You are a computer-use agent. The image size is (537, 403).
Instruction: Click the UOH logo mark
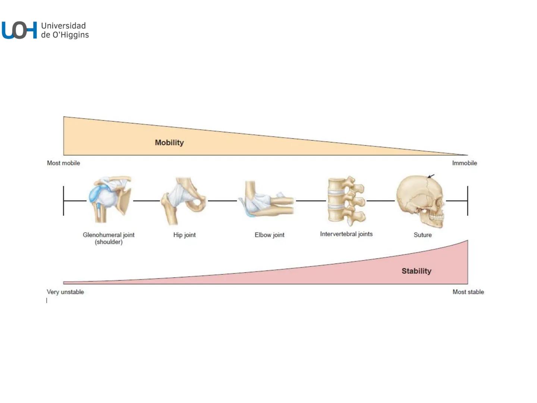[19, 30]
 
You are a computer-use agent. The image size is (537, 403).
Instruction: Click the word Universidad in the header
[63, 26]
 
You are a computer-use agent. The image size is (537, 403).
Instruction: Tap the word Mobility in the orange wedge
[169, 143]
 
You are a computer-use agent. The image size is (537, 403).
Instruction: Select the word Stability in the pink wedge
[416, 271]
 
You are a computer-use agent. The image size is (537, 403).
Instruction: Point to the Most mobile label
[63, 163]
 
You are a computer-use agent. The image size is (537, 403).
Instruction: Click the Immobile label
[464, 163]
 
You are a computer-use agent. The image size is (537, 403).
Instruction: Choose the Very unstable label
[65, 292]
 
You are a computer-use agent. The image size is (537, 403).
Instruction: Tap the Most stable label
[468, 292]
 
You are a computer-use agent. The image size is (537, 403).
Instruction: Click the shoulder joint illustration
[110, 200]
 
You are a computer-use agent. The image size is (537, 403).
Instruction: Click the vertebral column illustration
[346, 201]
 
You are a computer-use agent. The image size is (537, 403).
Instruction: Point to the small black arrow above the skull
[431, 176]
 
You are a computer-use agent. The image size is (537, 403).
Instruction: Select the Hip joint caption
[184, 235]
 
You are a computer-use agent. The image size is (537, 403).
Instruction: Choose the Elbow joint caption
[269, 235]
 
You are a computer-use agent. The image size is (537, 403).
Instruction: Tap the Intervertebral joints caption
[346, 234]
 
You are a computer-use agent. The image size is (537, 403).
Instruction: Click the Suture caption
[423, 235]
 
